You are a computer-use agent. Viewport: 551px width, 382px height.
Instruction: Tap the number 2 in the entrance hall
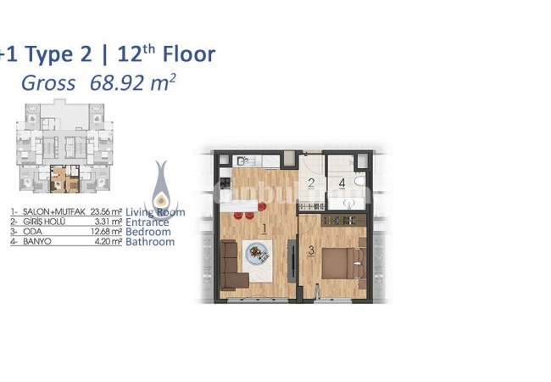311,183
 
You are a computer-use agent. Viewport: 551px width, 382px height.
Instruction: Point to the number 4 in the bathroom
342,183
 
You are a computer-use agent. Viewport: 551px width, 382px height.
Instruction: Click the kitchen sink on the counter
242,160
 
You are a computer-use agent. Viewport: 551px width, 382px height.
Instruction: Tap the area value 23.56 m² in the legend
106,212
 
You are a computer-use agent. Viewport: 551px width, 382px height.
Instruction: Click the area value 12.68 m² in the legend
106,232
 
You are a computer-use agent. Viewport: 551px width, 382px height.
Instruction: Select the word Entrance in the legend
147,222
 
